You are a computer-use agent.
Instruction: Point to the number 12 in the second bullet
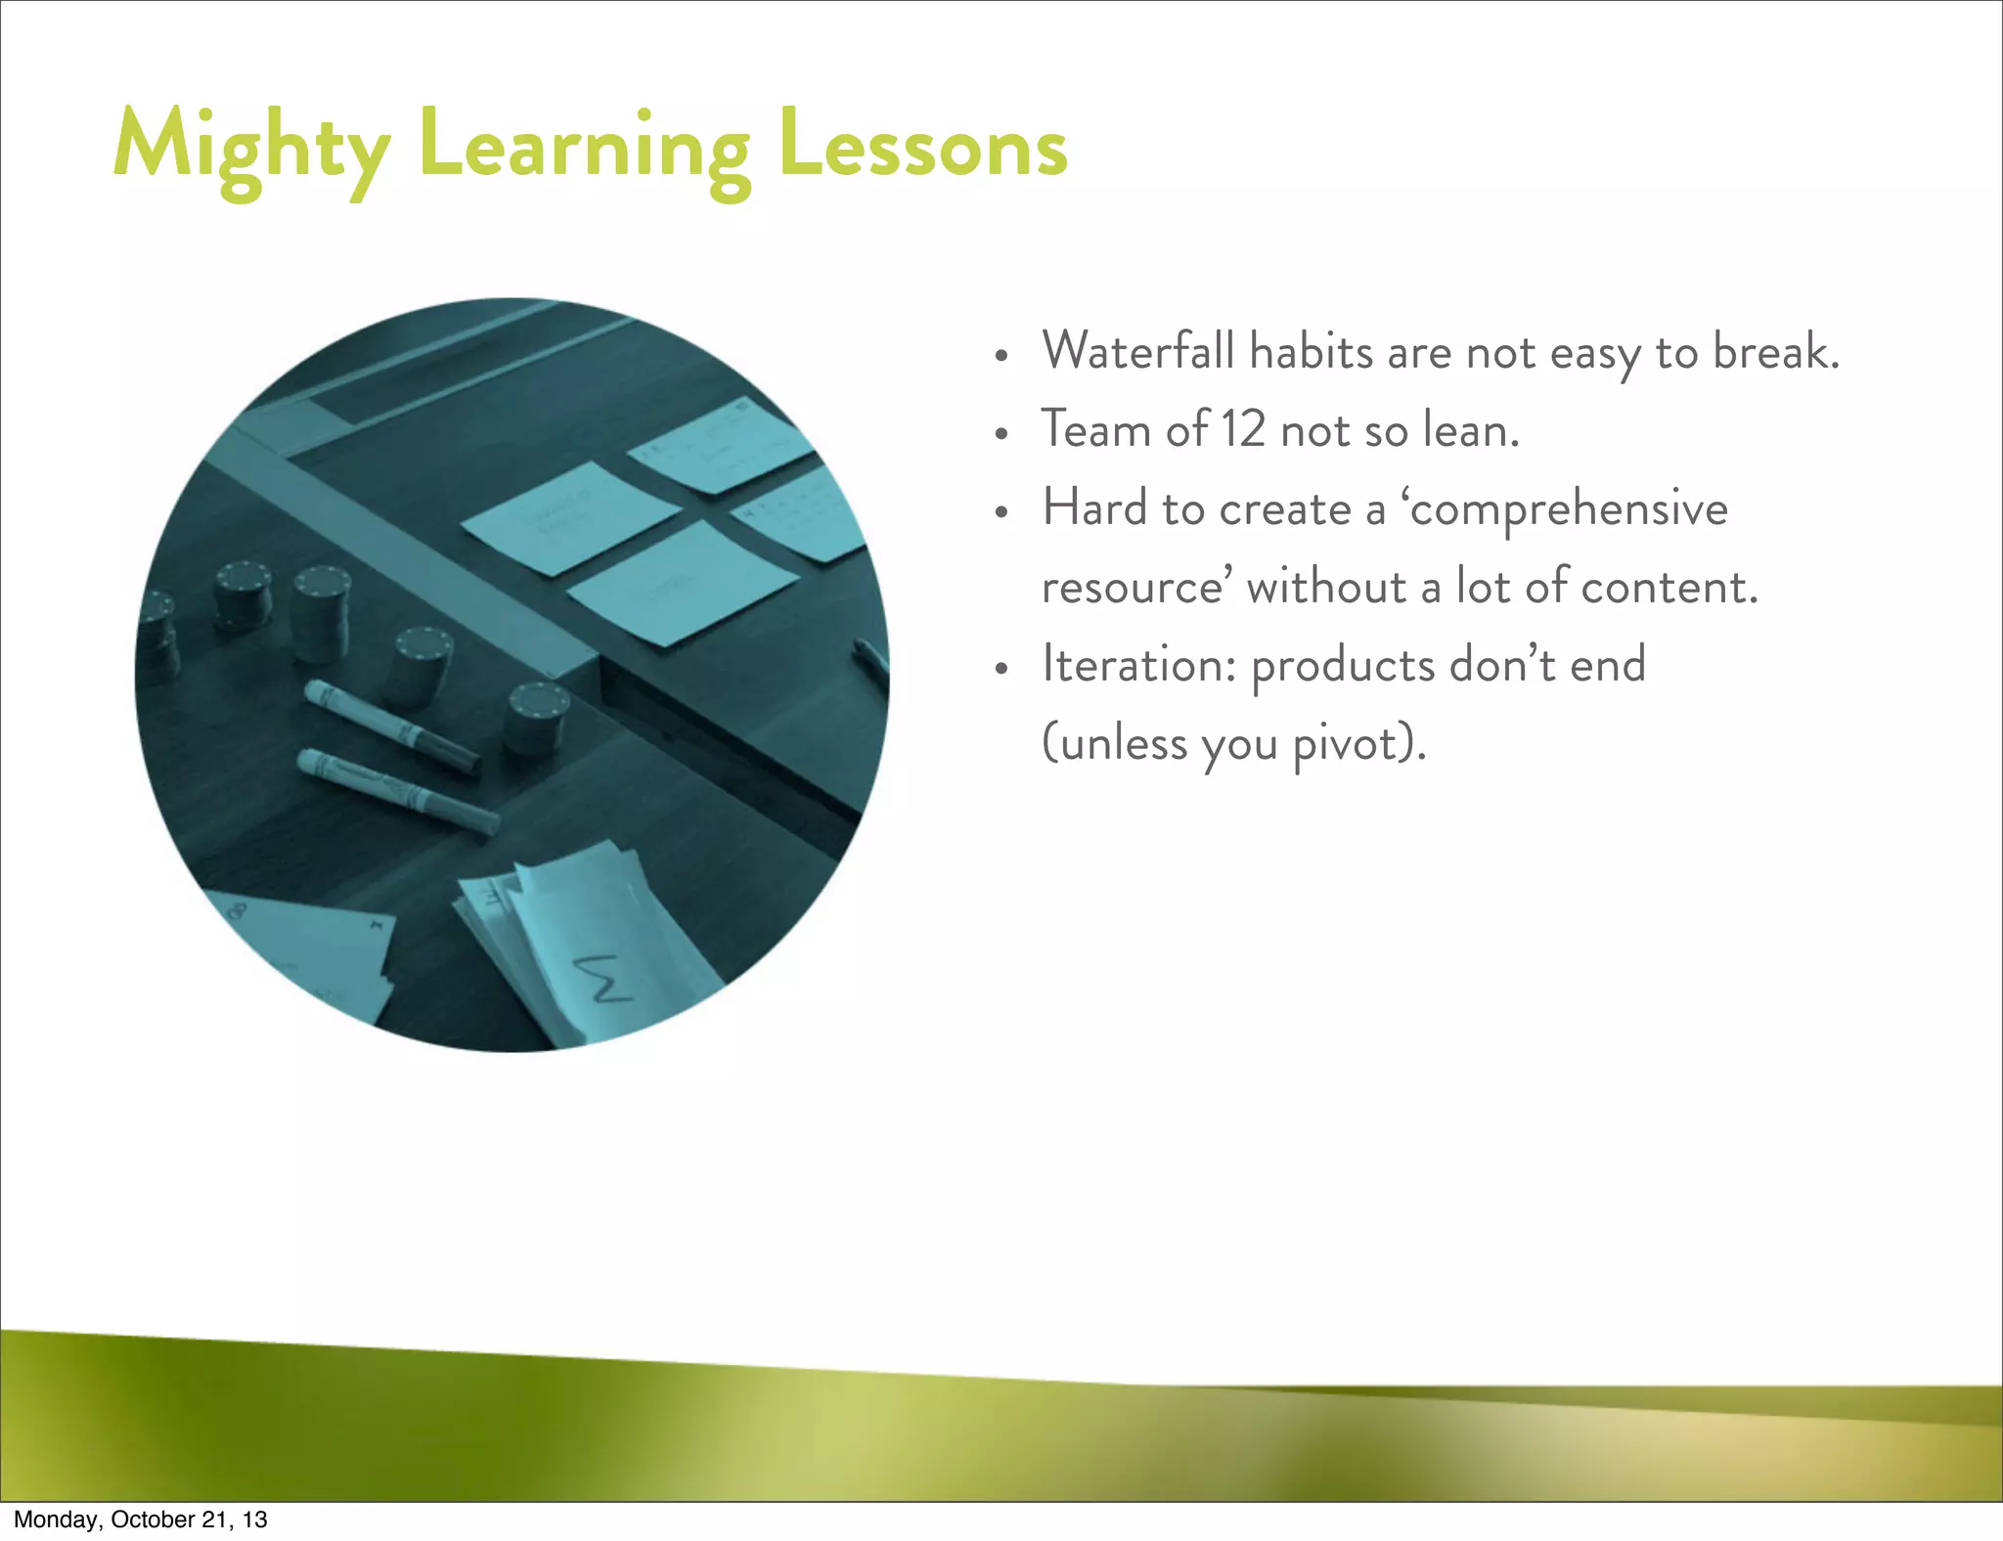point(1243,429)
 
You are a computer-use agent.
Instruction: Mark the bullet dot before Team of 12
point(1000,433)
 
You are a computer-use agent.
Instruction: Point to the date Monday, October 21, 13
point(140,1519)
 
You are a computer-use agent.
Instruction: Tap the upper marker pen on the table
point(391,725)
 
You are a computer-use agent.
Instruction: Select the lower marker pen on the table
point(396,791)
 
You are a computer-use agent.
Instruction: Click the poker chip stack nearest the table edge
point(536,717)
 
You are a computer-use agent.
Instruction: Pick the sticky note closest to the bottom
point(682,583)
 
